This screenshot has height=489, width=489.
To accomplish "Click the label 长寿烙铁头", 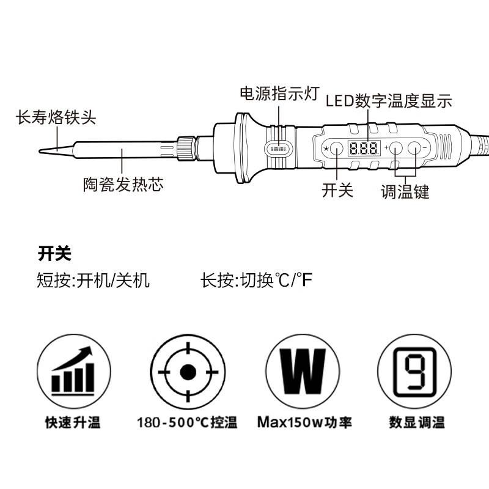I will coord(56,117).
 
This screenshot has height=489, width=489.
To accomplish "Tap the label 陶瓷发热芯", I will coord(123,185).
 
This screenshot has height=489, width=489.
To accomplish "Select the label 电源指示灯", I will coord(279,94).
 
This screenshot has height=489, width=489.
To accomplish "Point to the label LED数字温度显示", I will coord(389,101).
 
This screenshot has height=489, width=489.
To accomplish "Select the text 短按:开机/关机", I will coord(94,281).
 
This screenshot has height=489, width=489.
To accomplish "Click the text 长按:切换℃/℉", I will coord(256,281).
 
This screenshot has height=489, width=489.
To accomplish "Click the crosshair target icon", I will coord(187,372).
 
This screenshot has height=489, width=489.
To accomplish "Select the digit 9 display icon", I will coord(416,372).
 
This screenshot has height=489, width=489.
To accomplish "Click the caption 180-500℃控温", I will coord(187,422).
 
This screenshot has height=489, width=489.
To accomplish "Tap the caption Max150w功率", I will coord(304,422).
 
